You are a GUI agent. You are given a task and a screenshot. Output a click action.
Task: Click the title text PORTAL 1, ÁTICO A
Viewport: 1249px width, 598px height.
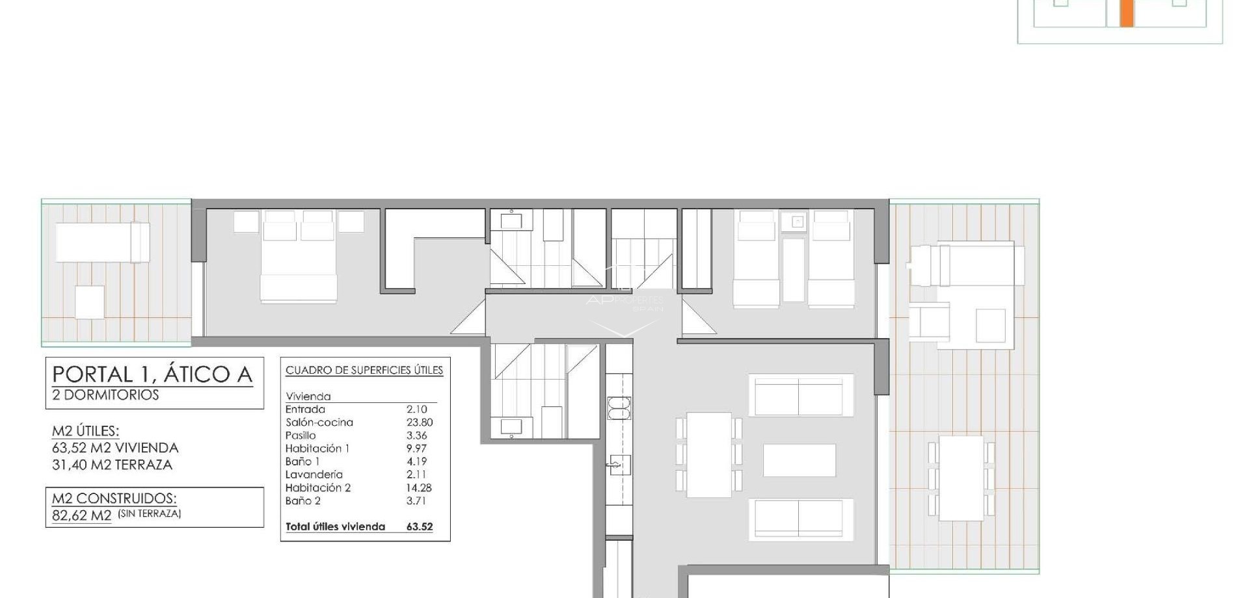pos(152,374)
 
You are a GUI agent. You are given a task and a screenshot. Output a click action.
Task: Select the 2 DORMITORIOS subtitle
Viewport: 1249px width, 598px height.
pos(105,395)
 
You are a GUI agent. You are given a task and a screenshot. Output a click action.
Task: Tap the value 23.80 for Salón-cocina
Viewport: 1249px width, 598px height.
pos(419,422)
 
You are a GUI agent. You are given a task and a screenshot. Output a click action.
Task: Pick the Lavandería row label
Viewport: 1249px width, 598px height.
pos(314,474)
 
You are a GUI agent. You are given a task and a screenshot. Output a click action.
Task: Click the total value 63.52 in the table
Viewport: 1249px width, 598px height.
pos(419,526)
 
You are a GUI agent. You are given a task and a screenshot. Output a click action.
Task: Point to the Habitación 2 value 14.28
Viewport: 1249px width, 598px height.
pos(419,487)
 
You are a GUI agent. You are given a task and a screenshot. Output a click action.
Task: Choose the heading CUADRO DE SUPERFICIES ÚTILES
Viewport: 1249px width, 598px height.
pos(364,370)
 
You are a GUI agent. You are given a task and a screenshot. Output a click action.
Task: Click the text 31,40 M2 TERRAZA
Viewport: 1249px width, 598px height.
pos(112,465)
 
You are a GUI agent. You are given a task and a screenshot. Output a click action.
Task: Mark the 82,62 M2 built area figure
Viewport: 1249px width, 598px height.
pos(81,515)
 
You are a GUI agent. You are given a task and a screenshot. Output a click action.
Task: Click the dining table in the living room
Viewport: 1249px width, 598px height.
pos(709,454)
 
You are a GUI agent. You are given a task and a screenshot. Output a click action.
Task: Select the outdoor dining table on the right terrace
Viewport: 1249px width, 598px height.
pos(961,478)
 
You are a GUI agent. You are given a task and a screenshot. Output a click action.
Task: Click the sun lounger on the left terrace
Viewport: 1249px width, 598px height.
pos(102,242)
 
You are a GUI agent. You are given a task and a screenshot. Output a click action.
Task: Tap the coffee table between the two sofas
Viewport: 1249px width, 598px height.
pos(799,460)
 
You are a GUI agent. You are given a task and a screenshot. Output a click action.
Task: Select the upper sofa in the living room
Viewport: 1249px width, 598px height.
pos(800,395)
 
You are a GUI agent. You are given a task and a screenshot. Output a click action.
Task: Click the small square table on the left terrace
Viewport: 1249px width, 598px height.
pos(90,302)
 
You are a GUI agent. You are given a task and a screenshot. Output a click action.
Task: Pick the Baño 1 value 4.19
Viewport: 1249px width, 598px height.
pos(416,461)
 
